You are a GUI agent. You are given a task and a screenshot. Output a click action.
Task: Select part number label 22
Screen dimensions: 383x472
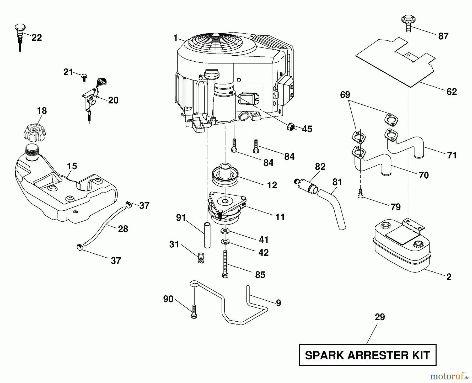point(36,38)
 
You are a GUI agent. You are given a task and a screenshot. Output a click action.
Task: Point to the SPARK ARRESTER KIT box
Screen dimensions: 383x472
point(367,355)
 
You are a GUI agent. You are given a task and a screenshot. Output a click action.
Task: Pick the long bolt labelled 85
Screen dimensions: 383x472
point(225,264)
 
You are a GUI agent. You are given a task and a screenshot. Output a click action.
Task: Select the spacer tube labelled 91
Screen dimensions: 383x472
point(207,235)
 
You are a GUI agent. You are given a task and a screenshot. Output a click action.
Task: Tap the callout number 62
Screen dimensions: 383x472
point(452,92)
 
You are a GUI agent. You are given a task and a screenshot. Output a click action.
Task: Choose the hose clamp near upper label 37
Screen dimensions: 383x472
point(128,204)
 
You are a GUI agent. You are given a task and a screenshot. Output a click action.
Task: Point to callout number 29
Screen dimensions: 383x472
point(380,317)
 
